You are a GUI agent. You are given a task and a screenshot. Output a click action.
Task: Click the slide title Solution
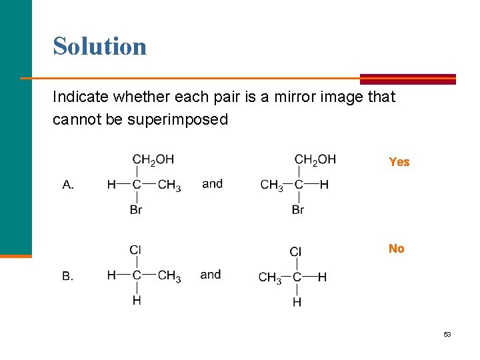click(x=99, y=46)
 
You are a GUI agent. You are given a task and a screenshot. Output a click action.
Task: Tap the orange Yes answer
click(x=399, y=162)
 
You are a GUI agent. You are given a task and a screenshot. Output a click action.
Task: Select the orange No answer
click(x=397, y=249)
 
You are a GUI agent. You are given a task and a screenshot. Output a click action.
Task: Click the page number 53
click(x=447, y=334)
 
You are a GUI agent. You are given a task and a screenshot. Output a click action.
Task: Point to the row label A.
click(x=68, y=185)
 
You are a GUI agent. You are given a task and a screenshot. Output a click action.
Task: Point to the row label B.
click(x=68, y=276)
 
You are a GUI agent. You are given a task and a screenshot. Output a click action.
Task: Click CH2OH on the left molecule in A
click(x=153, y=159)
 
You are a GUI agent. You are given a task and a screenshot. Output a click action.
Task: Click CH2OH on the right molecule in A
click(x=315, y=159)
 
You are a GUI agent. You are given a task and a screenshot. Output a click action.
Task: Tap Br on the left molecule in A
click(x=136, y=210)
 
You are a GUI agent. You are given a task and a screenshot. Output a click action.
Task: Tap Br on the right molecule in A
click(x=298, y=210)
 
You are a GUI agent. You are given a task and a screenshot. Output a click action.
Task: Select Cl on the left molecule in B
click(x=135, y=249)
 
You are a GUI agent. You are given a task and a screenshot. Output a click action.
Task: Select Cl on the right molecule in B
click(x=296, y=251)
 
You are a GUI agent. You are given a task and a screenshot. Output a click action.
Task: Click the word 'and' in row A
click(x=212, y=183)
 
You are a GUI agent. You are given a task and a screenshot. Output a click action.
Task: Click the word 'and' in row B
click(x=210, y=274)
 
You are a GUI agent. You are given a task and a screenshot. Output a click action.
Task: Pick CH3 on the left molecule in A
click(x=169, y=185)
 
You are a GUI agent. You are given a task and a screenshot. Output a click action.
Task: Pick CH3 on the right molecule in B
click(x=270, y=277)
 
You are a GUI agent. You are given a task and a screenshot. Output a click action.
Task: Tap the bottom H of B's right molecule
click(x=297, y=302)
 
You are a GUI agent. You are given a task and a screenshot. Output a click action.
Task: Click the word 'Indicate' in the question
click(x=79, y=97)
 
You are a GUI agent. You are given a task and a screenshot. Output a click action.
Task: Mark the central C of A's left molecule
click(x=136, y=185)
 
